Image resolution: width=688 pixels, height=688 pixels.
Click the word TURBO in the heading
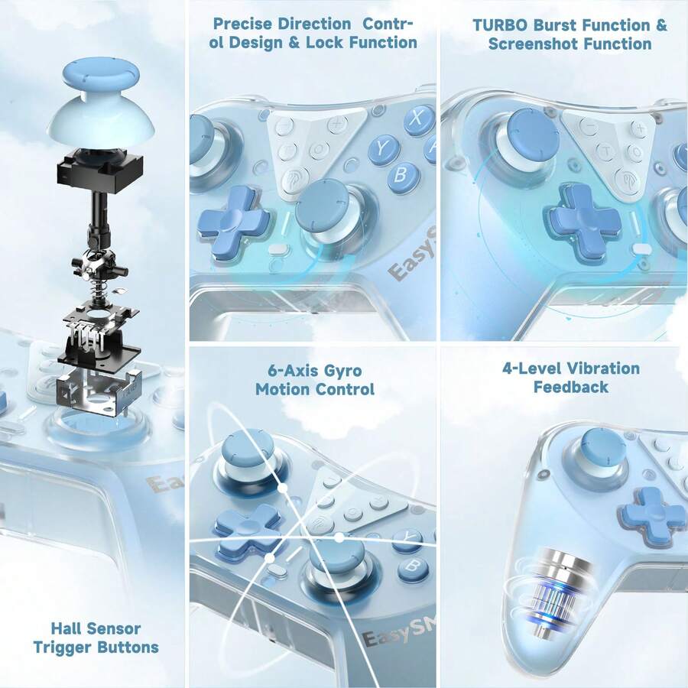pos(500,25)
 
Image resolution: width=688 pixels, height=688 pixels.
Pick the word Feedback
pos(571,387)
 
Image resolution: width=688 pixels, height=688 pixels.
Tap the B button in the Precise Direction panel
pos(401,175)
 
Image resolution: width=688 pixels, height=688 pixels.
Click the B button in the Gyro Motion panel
pos(413,567)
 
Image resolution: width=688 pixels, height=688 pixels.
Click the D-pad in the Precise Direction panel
pos(232,222)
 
